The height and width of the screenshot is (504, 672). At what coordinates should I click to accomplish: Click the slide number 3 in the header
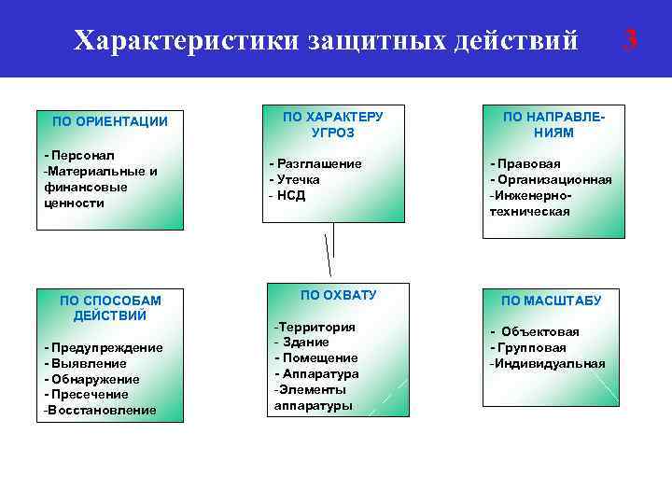[631, 39]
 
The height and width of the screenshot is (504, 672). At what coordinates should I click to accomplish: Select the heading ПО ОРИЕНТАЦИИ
[110, 121]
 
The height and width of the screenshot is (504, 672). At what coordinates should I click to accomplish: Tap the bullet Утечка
[297, 179]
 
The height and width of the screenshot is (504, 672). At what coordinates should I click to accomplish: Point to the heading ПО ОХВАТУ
[338, 295]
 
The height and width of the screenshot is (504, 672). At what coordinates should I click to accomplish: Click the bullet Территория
[315, 328]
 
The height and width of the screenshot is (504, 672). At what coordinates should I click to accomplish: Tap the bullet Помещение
[317, 358]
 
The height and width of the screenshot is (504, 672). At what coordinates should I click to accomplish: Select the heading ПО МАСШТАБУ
[551, 301]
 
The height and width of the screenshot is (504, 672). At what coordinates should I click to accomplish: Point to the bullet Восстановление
[101, 411]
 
